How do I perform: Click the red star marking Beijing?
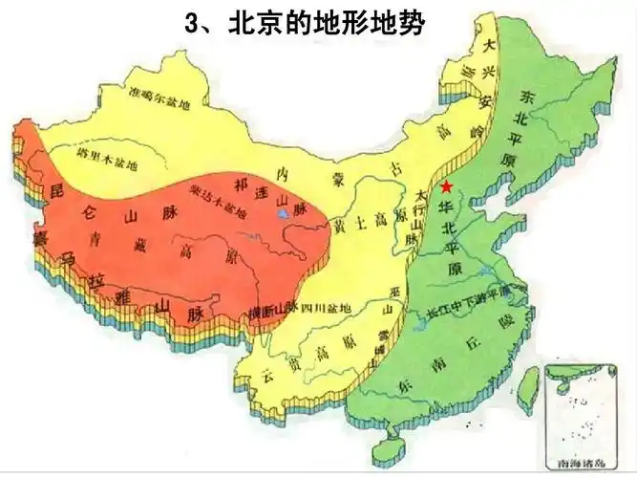446,185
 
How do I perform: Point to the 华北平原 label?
447,238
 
